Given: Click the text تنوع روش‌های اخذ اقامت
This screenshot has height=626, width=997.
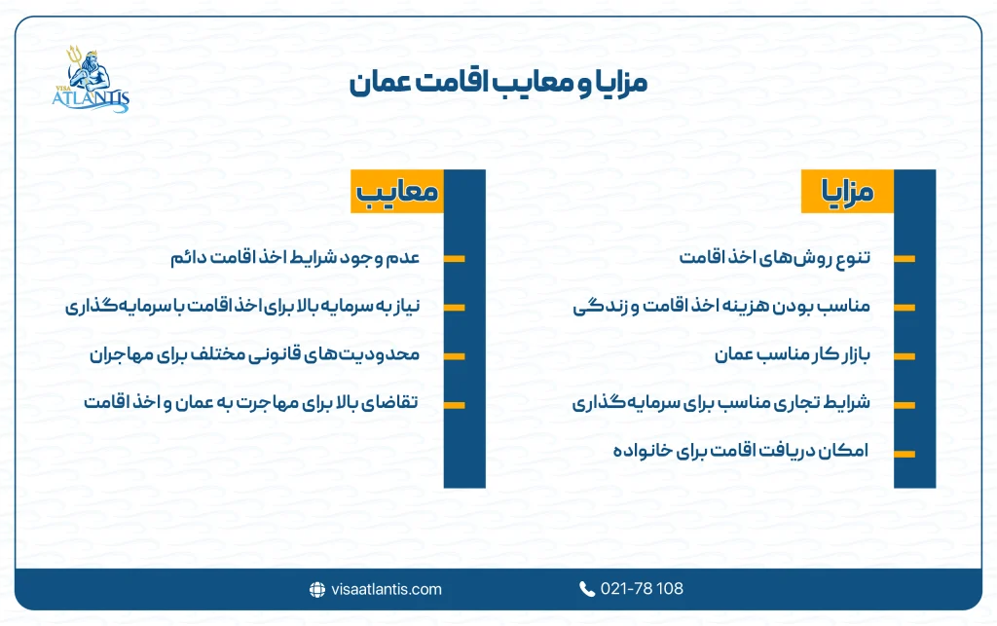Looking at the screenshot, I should pyautogui.click(x=775, y=259).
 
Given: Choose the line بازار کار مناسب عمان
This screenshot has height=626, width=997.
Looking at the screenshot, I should pyautogui.click(x=792, y=355).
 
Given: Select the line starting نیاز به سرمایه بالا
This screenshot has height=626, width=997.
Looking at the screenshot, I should pyautogui.click(x=242, y=308).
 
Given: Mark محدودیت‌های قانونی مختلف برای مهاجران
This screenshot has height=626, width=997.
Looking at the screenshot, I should pyautogui.click(x=254, y=355).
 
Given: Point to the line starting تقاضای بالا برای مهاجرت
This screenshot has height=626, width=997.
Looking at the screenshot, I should pyautogui.click(x=251, y=403).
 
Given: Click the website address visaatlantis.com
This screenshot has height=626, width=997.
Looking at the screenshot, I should pyautogui.click(x=386, y=589).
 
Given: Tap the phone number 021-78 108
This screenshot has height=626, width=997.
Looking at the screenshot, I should pyautogui.click(x=642, y=589).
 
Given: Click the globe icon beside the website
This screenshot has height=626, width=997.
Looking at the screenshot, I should pyautogui.click(x=316, y=589).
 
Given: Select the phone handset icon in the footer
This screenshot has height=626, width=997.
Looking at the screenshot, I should pyautogui.click(x=587, y=589).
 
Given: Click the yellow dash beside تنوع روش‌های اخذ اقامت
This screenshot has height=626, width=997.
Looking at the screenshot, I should pyautogui.click(x=904, y=259).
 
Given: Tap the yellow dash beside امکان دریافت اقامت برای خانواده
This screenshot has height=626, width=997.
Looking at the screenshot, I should pyautogui.click(x=904, y=453).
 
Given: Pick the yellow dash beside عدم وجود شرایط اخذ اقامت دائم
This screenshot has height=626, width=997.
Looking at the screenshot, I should pyautogui.click(x=454, y=259).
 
